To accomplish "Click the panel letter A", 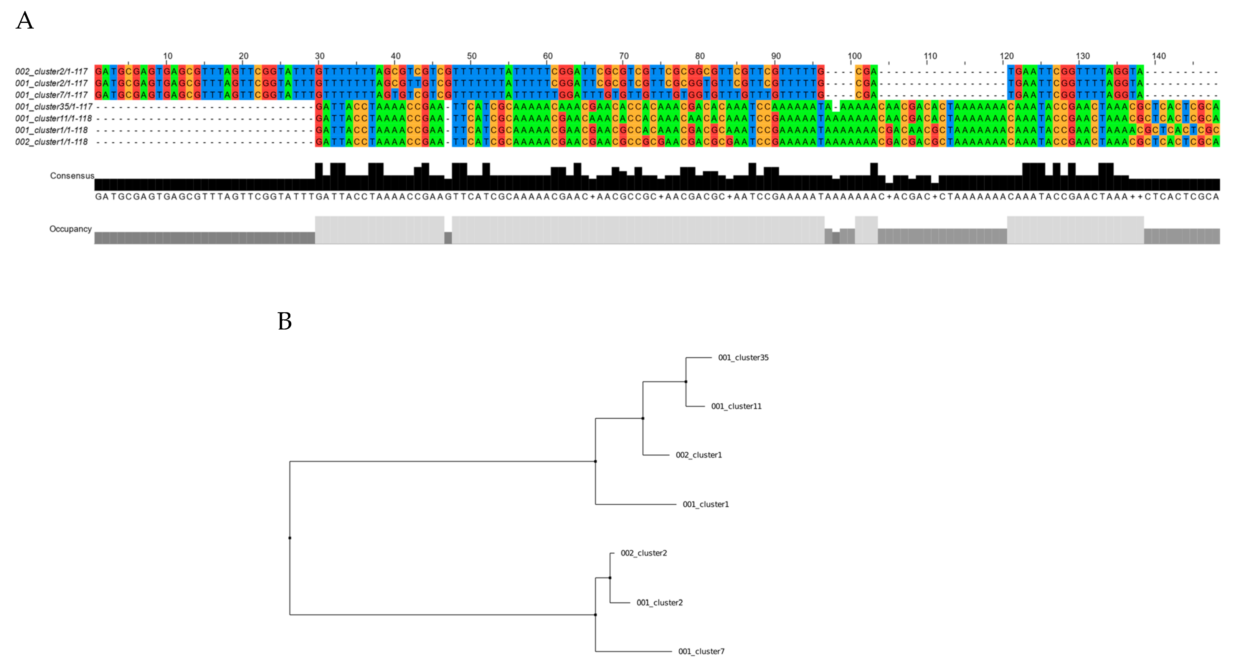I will [25, 21].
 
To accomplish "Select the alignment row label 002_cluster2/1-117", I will [51, 71].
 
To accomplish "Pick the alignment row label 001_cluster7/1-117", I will [51, 95].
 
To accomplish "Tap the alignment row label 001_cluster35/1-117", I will [53, 106].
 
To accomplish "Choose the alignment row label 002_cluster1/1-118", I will [51, 142].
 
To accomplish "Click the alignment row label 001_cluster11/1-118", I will [53, 119].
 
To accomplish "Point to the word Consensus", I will [72, 176].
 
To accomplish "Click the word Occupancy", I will [70, 229].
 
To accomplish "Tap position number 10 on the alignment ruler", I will [167, 56].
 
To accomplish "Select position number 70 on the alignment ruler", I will [624, 56].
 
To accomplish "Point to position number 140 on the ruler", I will [1159, 56].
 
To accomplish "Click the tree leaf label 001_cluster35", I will [743, 357].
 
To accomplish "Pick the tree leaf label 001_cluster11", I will [736, 407].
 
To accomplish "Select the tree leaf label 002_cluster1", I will [699, 455].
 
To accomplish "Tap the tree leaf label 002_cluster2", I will [644, 553].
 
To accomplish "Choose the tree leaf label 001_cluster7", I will [701, 651].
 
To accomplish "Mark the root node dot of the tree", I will [290, 538].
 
